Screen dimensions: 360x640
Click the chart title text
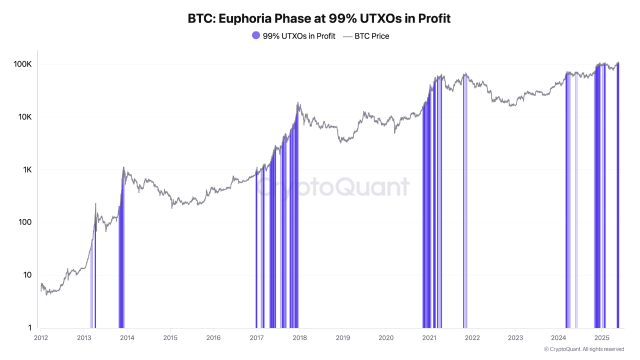pos(319,19)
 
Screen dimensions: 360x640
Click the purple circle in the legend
pos(256,36)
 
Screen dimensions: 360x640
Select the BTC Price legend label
pos(371,36)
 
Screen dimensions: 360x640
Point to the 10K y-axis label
pos(25,117)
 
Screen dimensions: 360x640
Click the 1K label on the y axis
pos(27,170)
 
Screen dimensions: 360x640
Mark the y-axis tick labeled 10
pos(27,275)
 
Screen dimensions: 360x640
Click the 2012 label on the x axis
pos(40,337)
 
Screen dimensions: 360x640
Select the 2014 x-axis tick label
pos(127,337)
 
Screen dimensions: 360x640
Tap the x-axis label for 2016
pos(213,337)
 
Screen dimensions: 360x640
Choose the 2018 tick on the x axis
pos(299,337)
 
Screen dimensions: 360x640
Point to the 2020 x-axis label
pos(385,337)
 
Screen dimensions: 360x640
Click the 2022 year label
pos(471,337)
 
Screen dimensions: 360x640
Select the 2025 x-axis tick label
pos(601,337)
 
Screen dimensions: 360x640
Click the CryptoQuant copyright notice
pos(583,349)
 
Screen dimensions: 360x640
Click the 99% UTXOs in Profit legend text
pos(299,36)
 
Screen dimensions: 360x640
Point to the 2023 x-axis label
pos(514,337)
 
